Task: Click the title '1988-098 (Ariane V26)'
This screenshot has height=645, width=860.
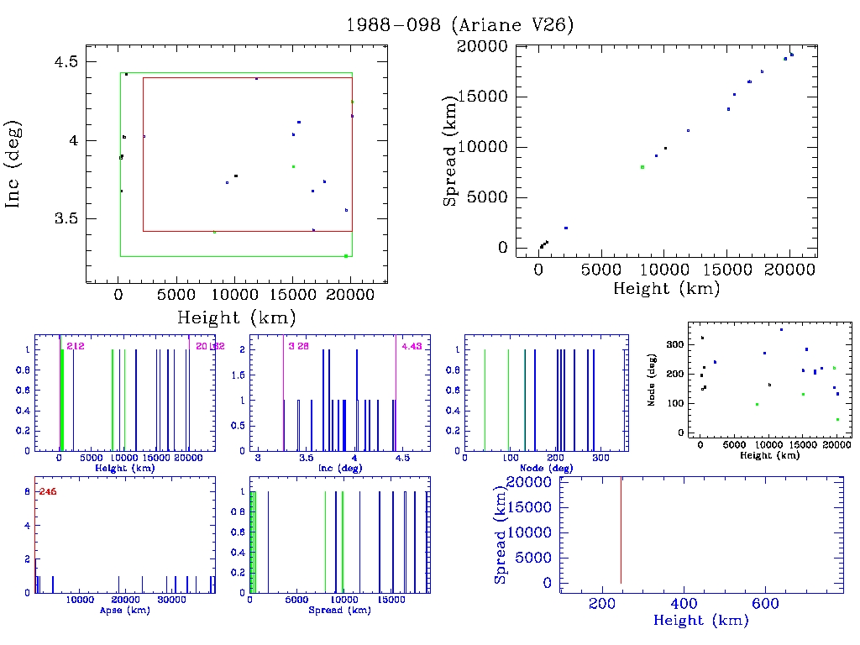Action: click(x=460, y=24)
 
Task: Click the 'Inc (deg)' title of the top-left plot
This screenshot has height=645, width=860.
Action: click(x=14, y=163)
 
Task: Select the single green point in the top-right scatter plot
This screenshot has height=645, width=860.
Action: click(x=642, y=167)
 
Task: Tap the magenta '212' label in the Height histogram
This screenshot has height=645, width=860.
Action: click(x=75, y=345)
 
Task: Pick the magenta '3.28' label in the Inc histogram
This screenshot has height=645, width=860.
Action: click(x=297, y=345)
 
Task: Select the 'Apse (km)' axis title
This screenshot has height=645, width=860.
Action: click(x=123, y=610)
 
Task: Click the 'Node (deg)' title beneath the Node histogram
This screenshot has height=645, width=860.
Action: click(x=547, y=467)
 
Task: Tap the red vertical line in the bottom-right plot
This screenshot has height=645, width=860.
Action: click(x=621, y=529)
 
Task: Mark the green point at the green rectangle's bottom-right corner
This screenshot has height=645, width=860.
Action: click(x=346, y=256)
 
